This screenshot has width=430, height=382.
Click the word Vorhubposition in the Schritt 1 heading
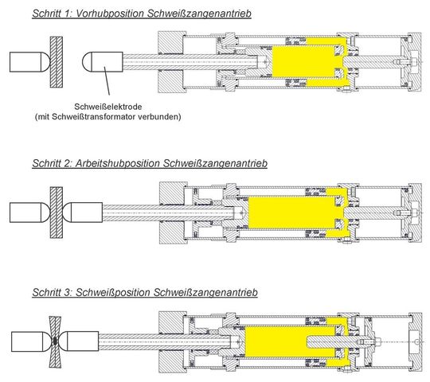point(110,14)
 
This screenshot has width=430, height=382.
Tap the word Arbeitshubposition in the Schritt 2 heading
point(117,163)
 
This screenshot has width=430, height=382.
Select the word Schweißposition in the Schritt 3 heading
point(113,292)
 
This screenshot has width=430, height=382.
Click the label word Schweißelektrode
point(108,107)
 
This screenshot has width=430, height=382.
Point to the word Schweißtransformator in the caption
point(93,117)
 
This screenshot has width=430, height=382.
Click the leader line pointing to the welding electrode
point(107,80)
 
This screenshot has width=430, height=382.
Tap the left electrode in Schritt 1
point(30,62)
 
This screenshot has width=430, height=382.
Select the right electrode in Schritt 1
point(102,61)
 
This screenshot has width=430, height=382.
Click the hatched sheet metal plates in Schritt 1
point(57,62)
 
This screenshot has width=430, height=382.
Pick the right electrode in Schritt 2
point(83,212)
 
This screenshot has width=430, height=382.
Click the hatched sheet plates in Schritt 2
point(57,212)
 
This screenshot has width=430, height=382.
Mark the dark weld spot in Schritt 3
point(56,341)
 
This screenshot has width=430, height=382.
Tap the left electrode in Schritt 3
point(31,341)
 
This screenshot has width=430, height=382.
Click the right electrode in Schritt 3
point(80,341)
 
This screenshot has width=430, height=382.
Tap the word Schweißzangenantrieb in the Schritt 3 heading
point(205,292)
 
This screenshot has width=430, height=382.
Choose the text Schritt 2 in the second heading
point(52,163)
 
